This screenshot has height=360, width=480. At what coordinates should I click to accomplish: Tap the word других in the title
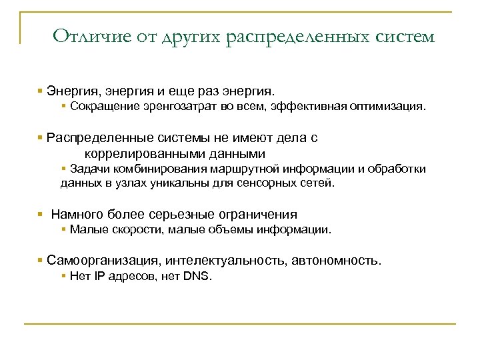coord(179,36)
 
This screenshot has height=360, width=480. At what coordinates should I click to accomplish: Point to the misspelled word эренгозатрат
coord(177,106)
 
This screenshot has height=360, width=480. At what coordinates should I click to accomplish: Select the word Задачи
coord(87,168)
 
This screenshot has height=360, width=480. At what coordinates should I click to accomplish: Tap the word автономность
coord(337,260)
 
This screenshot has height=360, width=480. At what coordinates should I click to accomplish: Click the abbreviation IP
coord(97,275)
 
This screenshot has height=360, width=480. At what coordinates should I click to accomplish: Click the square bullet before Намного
coord(41,215)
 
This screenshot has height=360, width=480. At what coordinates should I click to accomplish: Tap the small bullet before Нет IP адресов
coord(63,275)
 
